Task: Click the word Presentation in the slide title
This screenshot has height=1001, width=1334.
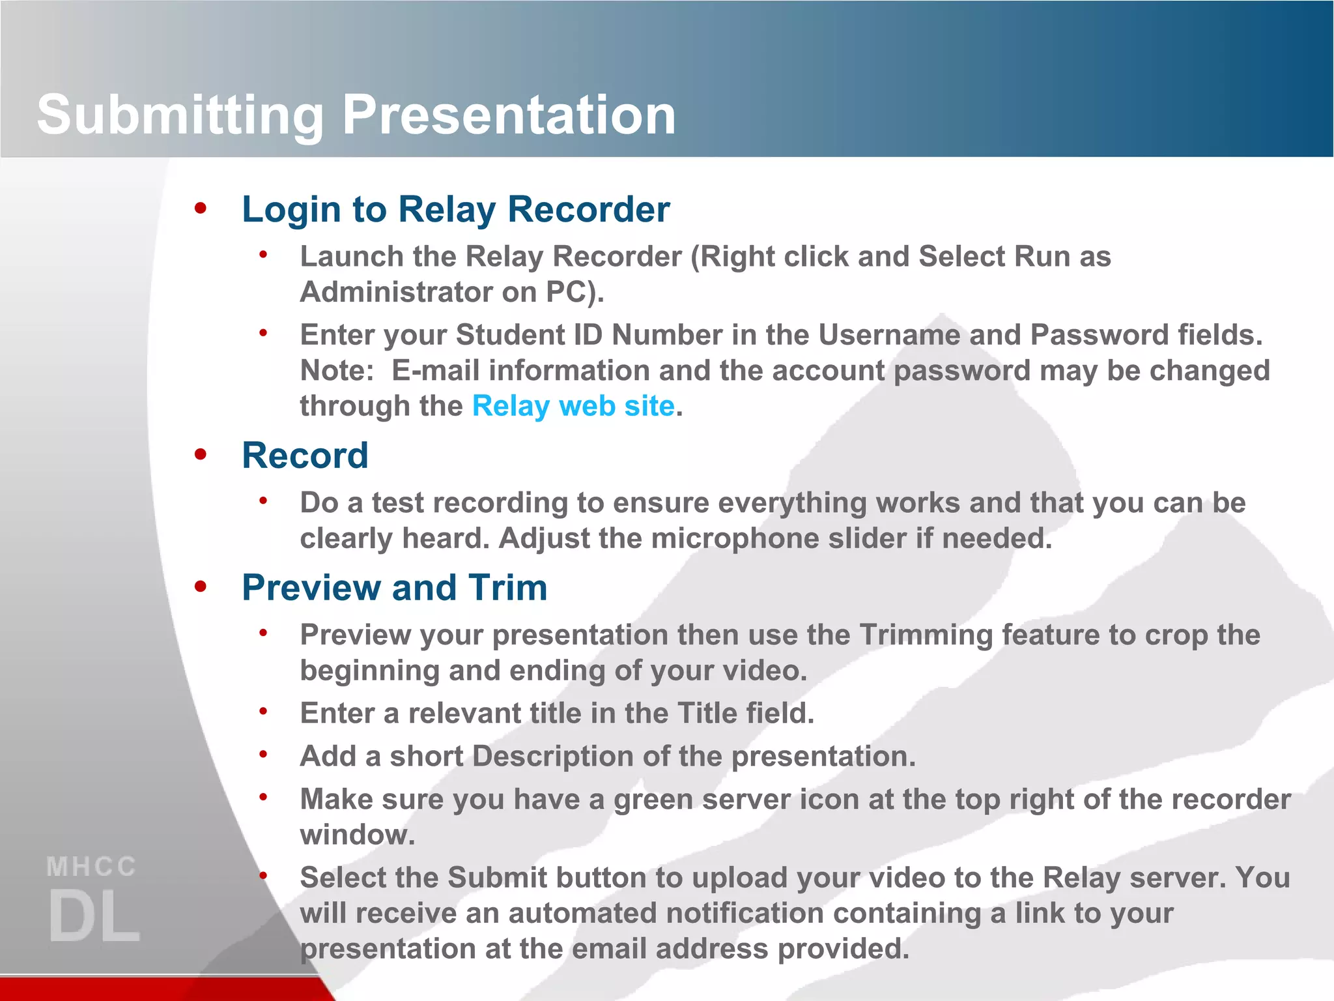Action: point(509,115)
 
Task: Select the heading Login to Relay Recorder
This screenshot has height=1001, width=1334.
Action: point(455,210)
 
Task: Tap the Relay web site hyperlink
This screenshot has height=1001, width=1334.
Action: point(573,406)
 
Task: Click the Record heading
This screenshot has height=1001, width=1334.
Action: point(305,456)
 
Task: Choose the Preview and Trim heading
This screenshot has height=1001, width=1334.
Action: point(394,588)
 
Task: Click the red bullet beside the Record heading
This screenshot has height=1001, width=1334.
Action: point(201,454)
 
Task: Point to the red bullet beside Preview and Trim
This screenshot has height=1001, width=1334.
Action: point(201,587)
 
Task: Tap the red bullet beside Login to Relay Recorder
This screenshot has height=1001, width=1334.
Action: point(201,209)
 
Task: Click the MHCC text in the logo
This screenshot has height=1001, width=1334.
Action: point(92,867)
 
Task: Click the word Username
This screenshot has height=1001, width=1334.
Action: point(888,335)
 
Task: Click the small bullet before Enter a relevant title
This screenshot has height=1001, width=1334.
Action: point(263,712)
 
